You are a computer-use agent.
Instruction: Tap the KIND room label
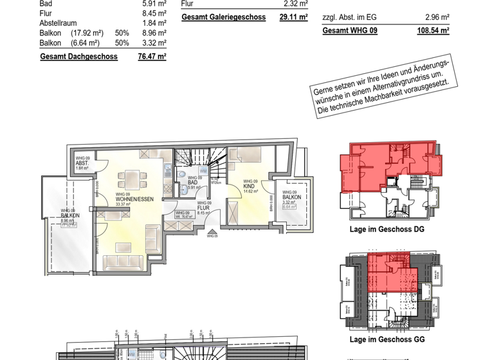click(249, 186)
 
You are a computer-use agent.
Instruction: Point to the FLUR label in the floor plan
click(204, 208)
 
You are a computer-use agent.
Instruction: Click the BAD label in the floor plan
click(192, 182)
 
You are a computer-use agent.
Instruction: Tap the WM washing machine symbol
click(203, 171)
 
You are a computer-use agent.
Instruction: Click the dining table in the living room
click(130, 178)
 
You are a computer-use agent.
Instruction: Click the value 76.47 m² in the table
click(152, 57)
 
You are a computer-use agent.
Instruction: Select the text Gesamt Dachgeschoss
click(78, 57)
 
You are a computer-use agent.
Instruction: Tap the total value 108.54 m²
click(434, 30)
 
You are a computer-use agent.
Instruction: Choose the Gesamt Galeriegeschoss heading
click(223, 17)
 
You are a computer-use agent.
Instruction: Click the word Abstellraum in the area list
click(59, 23)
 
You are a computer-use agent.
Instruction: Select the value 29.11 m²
click(293, 17)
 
